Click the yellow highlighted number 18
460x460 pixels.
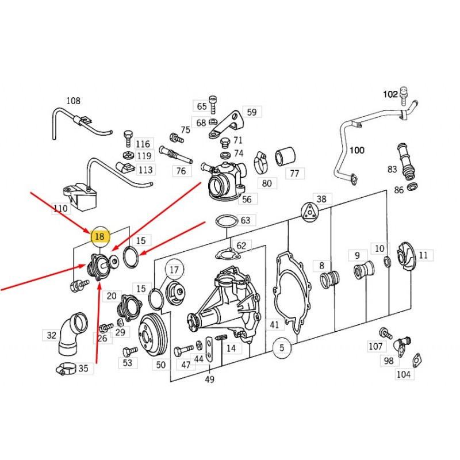(x=100, y=236)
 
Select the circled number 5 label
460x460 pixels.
(x=282, y=347)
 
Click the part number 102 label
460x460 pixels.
(x=391, y=94)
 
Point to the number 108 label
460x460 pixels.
(x=73, y=101)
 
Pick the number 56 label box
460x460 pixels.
(x=247, y=200)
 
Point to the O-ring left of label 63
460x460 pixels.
(x=225, y=221)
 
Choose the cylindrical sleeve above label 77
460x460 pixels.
(x=285, y=156)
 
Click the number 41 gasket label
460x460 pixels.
(x=274, y=325)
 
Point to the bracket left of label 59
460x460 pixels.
(x=227, y=124)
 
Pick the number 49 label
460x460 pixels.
(x=209, y=379)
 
